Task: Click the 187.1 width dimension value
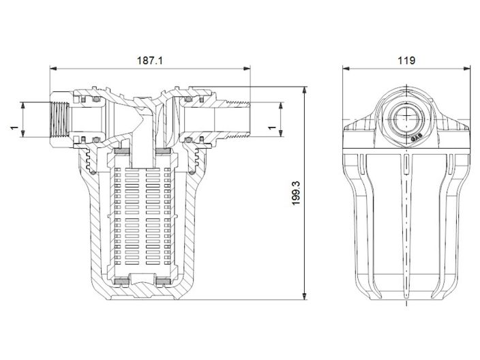tap(151, 60)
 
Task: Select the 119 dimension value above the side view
tap(407, 60)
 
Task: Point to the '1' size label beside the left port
tap(13, 127)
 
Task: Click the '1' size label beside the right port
tap(271, 127)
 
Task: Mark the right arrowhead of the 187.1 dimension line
tap(247, 69)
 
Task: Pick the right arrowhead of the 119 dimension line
tap(469, 69)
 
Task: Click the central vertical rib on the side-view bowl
tap(408, 225)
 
